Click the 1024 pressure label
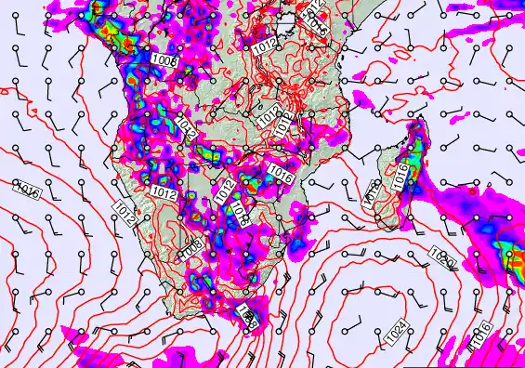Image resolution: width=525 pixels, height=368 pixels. coord(398,328)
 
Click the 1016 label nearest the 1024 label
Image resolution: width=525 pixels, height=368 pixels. coord(480,342)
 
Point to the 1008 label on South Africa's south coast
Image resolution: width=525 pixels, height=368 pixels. coord(247,315)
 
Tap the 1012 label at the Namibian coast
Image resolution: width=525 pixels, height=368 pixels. coord(125,216)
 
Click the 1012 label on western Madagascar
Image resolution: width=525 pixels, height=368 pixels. coord(372,192)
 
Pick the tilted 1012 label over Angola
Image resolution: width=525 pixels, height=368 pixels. coord(183,134)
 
